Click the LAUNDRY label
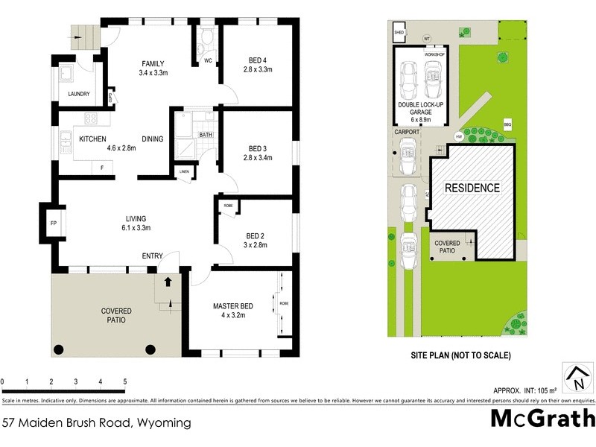coord(78,94)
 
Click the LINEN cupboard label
coord(184,172)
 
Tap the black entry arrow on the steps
coord(167,282)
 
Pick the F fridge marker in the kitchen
coord(102,168)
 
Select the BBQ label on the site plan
coord(508,124)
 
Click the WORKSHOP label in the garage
coord(434,55)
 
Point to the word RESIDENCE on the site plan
coord(472,188)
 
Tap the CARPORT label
coord(408,132)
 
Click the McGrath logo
coord(542,419)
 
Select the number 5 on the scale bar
coord(124,381)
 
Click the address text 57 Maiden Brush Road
coord(96,422)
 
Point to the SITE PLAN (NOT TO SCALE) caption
coord(461,355)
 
